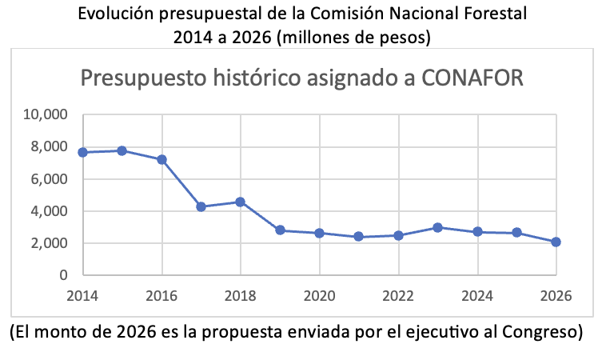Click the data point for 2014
tap(83, 152)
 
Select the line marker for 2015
tap(122, 150)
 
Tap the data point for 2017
tap(201, 206)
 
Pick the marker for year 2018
tap(241, 202)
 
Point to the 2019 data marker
tap(280, 230)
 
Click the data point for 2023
tap(437, 227)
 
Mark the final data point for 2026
tap(556, 242)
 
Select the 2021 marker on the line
tap(359, 236)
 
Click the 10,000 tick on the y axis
tap(46, 114)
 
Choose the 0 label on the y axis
tap(63, 275)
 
